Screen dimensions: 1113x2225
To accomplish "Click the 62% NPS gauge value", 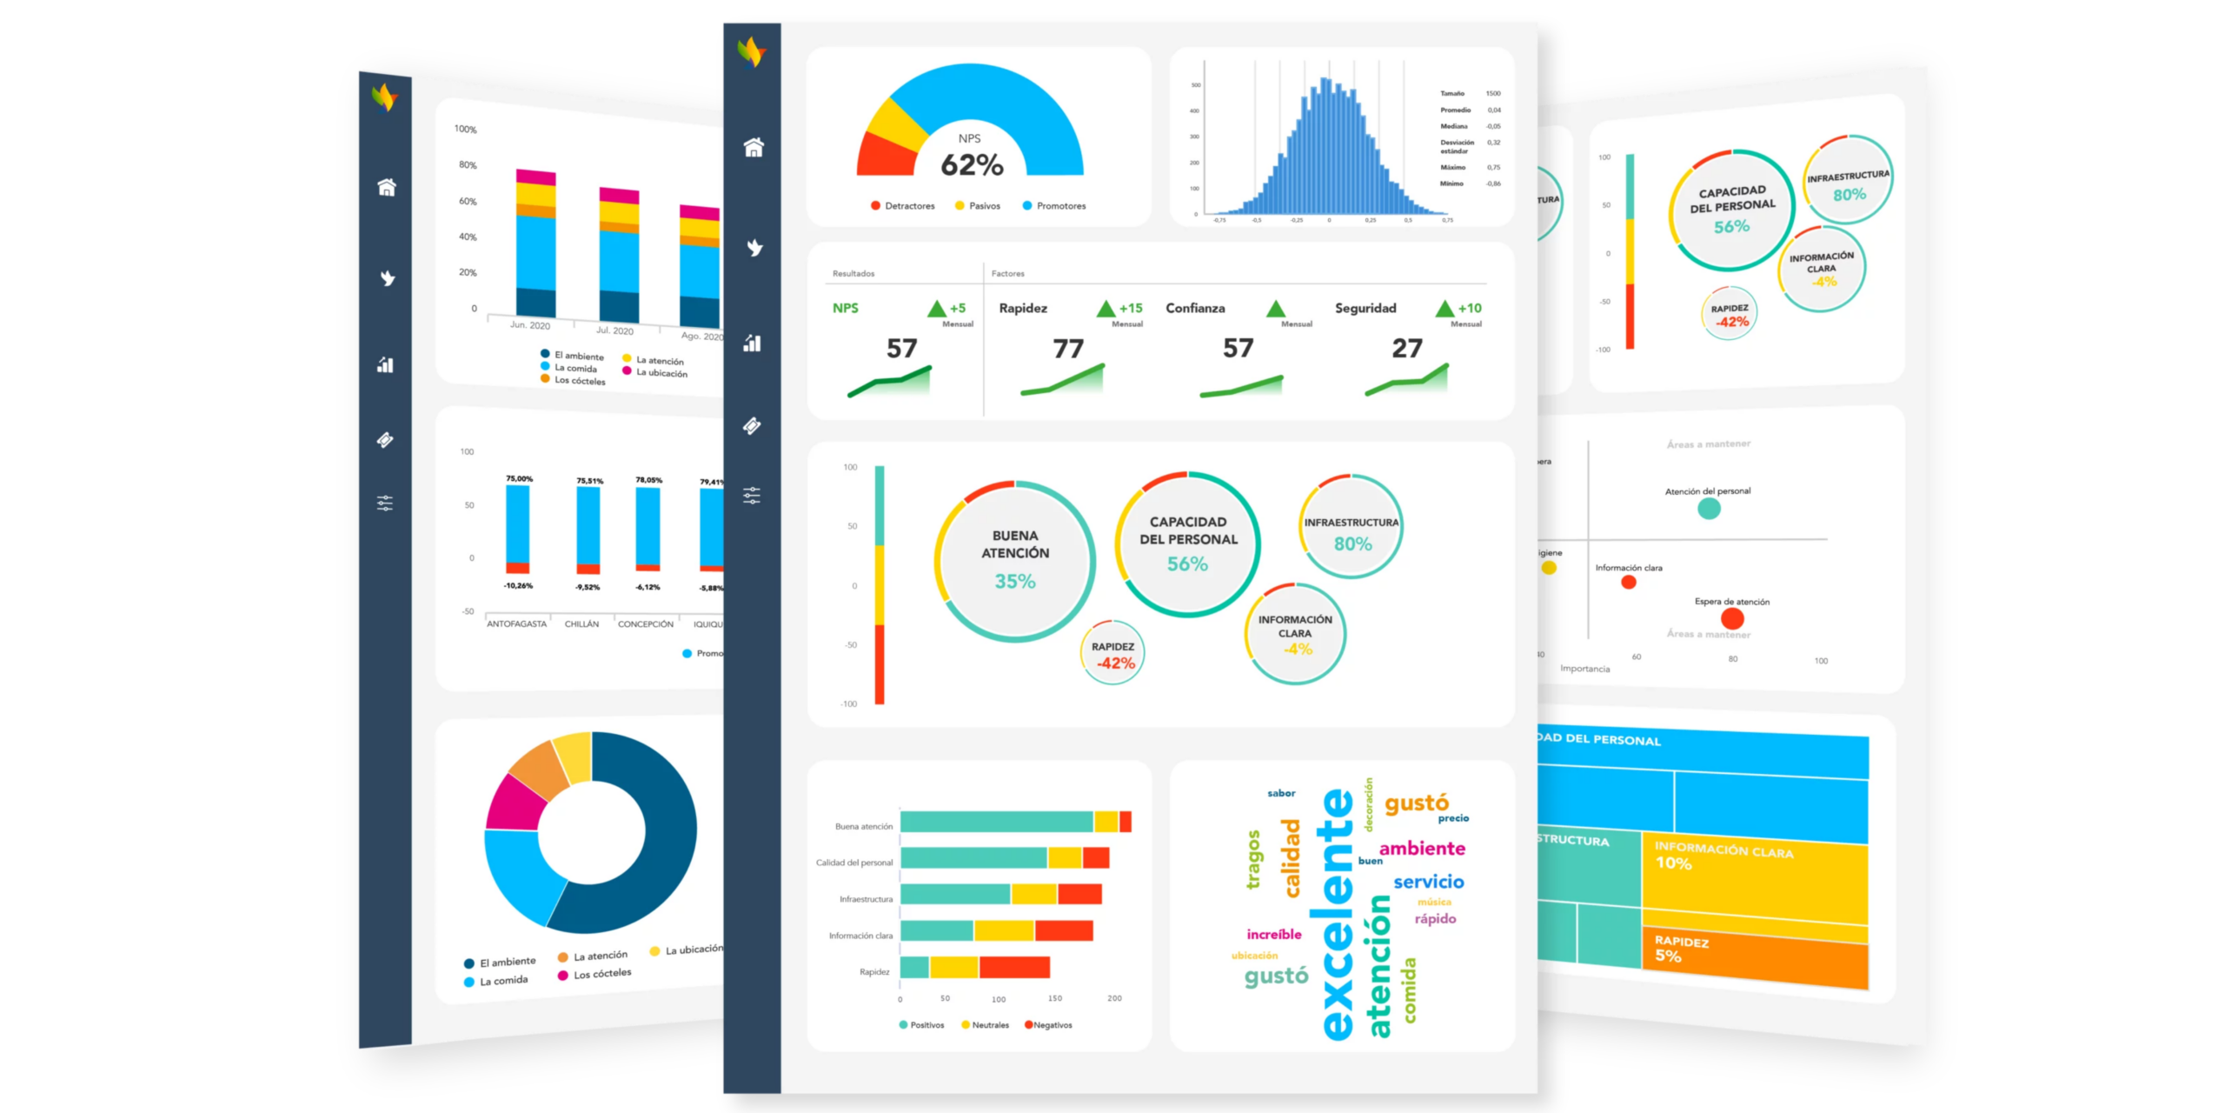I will (971, 164).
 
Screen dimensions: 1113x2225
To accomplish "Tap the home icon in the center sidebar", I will (753, 148).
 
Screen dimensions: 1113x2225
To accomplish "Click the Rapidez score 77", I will (1067, 349).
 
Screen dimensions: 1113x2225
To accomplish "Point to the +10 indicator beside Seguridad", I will (1469, 308).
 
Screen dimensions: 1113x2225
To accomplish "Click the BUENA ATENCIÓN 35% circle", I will (1014, 561).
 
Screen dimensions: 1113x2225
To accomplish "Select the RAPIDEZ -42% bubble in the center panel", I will (1112, 654).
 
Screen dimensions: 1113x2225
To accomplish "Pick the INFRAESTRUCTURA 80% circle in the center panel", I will (1352, 527).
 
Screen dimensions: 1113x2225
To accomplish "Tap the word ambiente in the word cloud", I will (1421, 848).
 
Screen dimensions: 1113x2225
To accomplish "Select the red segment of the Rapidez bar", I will (1013, 967).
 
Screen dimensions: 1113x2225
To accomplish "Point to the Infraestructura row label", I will (865, 899).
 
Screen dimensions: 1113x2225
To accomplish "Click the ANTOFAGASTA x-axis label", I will (516, 623).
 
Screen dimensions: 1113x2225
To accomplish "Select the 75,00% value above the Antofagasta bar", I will (519, 478).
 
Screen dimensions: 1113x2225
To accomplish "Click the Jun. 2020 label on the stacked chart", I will (529, 325).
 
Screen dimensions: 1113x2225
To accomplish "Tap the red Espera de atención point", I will (1731, 618).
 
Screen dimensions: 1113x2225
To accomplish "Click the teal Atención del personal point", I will (1708, 509).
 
